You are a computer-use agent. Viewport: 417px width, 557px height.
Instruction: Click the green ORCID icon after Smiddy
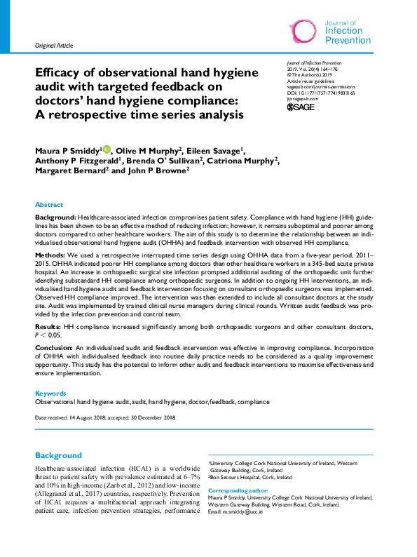[x=107, y=149]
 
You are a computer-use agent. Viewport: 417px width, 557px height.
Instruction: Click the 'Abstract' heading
[x=49, y=205]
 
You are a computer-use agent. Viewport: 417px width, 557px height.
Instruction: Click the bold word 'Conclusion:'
[x=55, y=347]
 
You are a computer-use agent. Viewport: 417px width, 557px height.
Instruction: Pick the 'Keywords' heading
[x=50, y=394]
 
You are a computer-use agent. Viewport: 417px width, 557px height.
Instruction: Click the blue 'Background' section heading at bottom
[x=58, y=455]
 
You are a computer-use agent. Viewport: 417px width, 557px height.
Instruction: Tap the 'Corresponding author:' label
[x=239, y=490]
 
